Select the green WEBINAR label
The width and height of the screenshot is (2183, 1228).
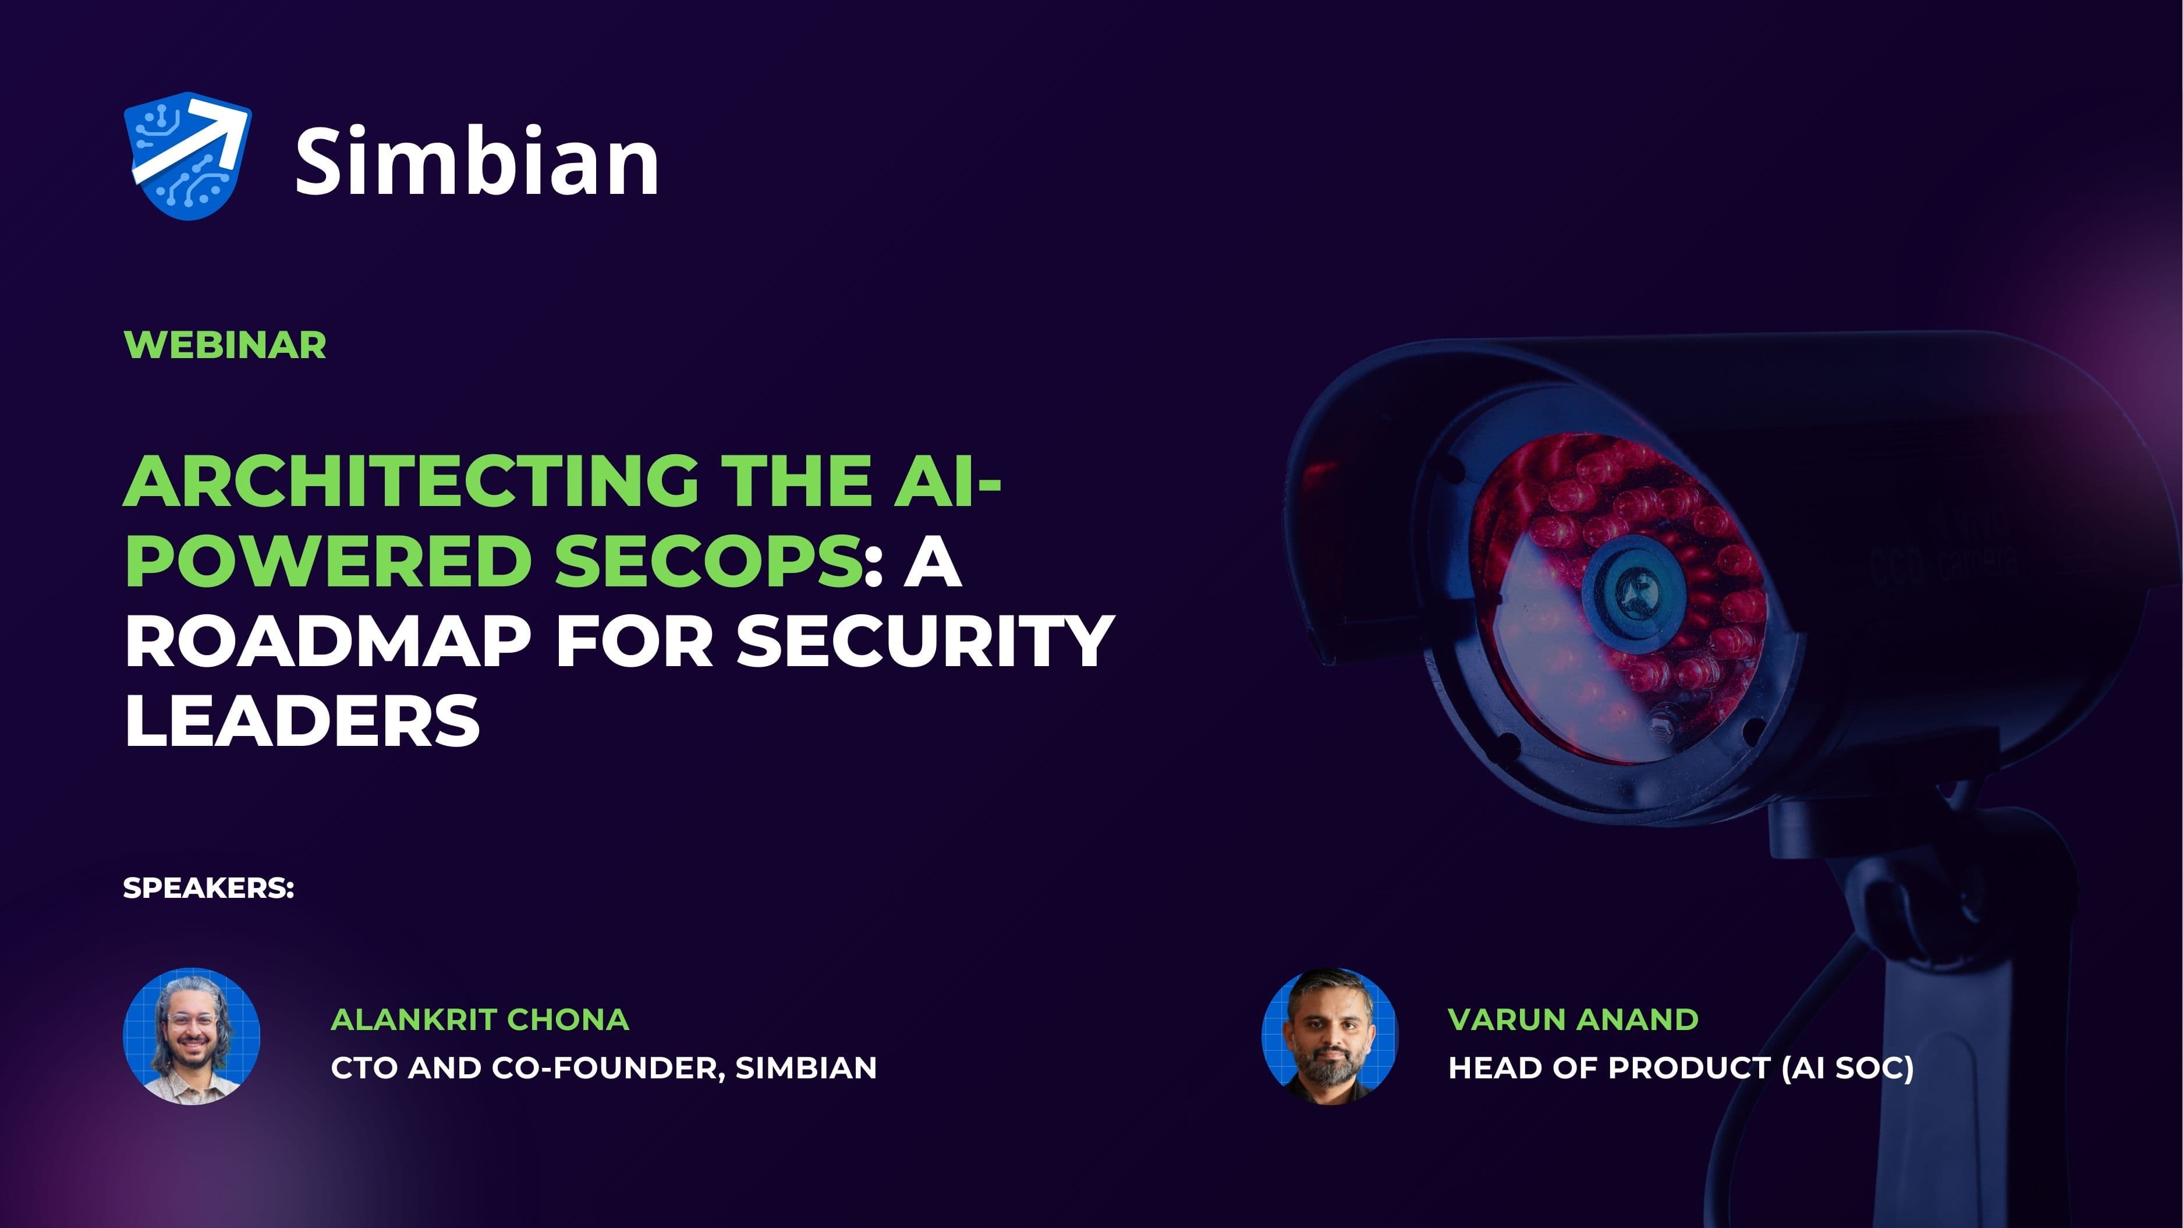(x=225, y=345)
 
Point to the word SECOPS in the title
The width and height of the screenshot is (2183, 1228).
(x=708, y=561)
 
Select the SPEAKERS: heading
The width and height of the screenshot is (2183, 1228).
(x=208, y=888)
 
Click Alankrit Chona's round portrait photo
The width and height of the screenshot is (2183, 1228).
(x=192, y=1036)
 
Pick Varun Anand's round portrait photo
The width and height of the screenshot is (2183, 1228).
(x=1330, y=1036)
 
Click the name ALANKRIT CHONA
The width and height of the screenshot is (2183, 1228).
(x=480, y=1020)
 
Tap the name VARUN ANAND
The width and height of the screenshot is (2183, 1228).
(x=1573, y=1020)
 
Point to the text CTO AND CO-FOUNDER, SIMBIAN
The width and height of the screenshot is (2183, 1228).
(x=603, y=1068)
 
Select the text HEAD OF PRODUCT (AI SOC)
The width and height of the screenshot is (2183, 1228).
(x=1681, y=1068)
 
